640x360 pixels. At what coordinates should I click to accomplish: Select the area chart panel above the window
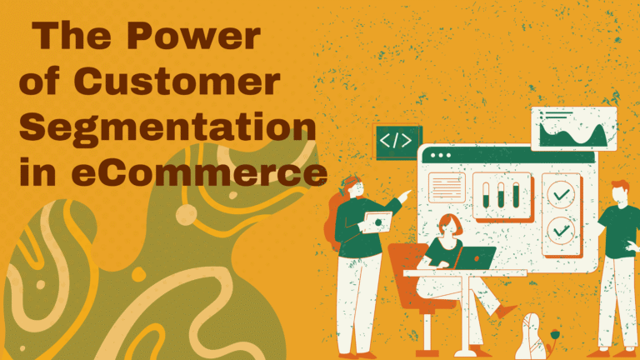pos(573,129)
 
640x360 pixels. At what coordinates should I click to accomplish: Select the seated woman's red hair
pos(451,223)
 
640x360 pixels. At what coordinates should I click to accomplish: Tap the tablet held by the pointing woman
pos(376,222)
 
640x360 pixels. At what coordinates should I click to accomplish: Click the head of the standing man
pos(621,191)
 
